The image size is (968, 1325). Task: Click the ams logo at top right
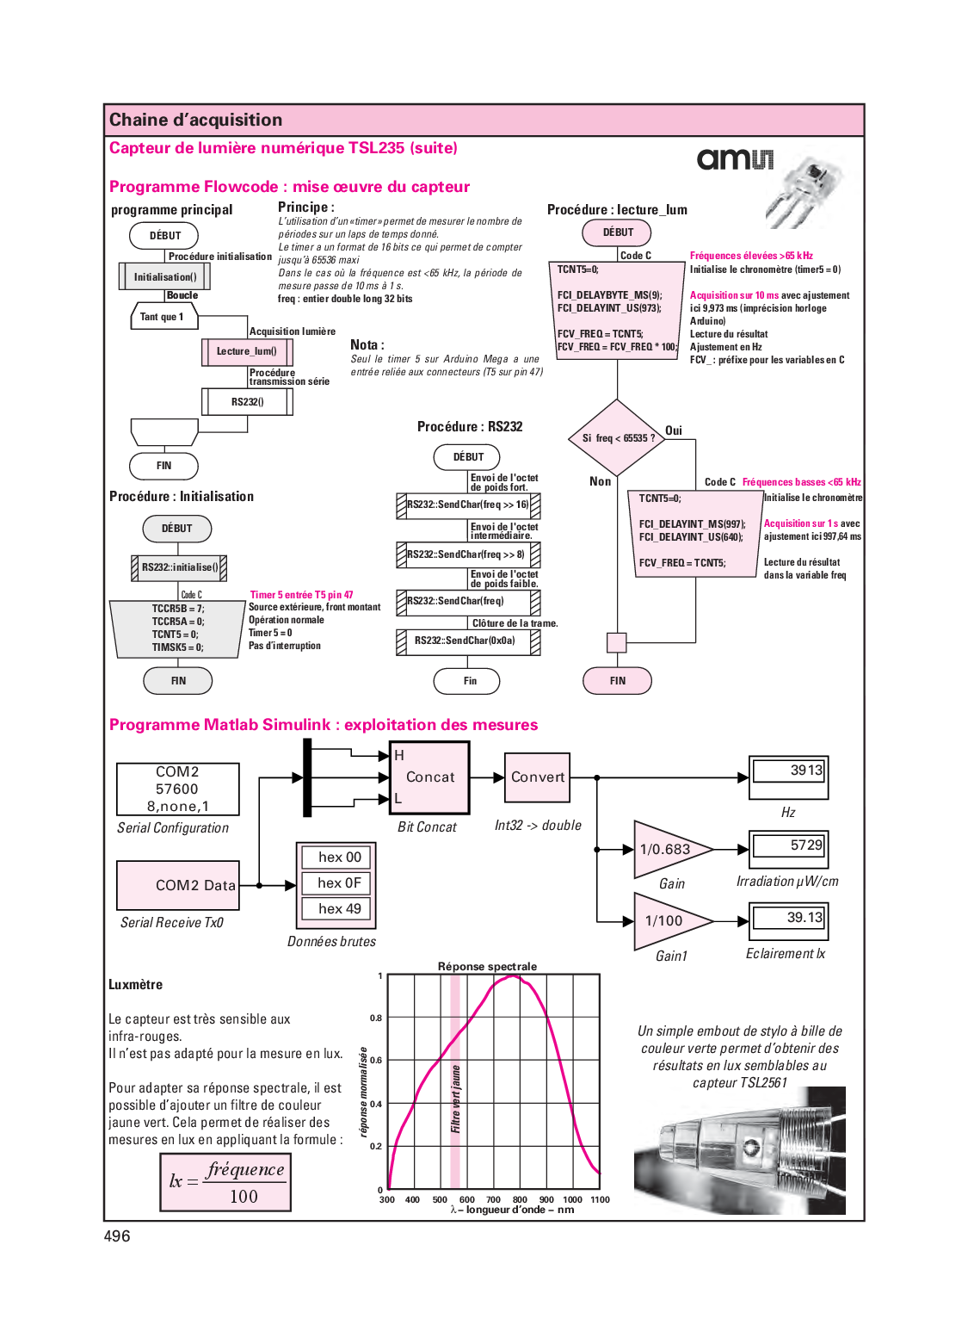click(x=735, y=159)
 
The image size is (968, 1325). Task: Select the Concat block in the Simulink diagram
click(x=429, y=777)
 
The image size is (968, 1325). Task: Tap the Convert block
click(x=538, y=777)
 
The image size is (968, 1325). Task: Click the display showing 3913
click(x=788, y=771)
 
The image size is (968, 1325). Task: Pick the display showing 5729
click(x=788, y=845)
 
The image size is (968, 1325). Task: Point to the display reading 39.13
click(x=788, y=918)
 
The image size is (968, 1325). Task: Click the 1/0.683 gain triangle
click(x=668, y=850)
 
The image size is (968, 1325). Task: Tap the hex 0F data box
click(x=338, y=883)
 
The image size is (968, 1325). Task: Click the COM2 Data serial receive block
click(x=178, y=885)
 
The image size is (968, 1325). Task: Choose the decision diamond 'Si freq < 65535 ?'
click(x=617, y=438)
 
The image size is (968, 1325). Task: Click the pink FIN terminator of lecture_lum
click(x=617, y=681)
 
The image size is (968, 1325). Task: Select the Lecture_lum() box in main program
click(x=247, y=351)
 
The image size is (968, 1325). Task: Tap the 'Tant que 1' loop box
click(x=163, y=317)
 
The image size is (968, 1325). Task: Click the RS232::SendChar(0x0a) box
click(x=467, y=641)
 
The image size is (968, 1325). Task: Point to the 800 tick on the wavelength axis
click(x=520, y=1199)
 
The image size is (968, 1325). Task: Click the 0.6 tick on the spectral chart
click(x=376, y=1061)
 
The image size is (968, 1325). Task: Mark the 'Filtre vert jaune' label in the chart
click(x=455, y=1099)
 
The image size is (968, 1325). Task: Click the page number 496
click(x=117, y=1236)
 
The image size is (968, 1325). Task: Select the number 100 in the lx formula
click(x=244, y=1197)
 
